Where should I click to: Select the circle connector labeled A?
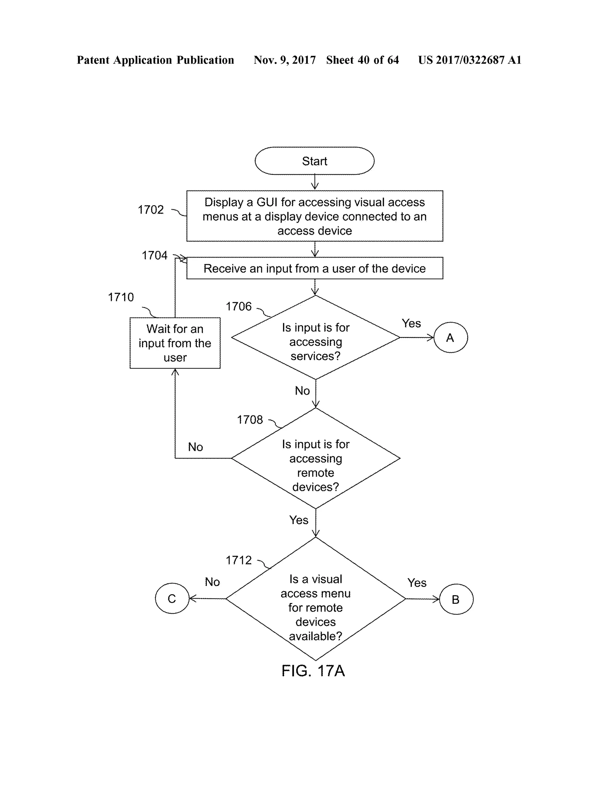click(x=450, y=337)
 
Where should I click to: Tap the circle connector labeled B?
click(x=456, y=599)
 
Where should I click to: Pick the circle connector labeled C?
click(x=172, y=598)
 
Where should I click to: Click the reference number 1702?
click(x=151, y=209)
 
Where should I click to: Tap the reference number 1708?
click(x=250, y=420)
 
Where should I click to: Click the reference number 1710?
click(x=121, y=297)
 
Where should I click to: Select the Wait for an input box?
click(x=175, y=343)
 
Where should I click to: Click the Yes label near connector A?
click(x=411, y=323)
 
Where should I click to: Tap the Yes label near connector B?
click(x=417, y=583)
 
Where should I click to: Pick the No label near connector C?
click(x=212, y=582)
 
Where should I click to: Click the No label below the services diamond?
click(x=302, y=391)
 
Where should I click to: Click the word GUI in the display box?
click(x=266, y=202)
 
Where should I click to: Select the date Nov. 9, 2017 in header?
click(x=285, y=60)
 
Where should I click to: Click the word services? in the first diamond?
click(x=315, y=356)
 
